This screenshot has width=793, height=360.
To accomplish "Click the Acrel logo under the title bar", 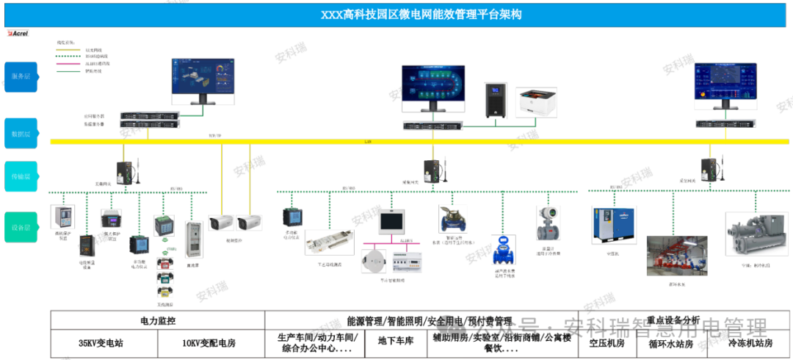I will click(18, 33).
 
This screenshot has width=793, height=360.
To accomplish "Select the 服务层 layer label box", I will click(20, 76).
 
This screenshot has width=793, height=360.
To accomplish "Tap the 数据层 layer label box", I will click(20, 134).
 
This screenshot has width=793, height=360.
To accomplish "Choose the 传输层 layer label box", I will click(20, 176).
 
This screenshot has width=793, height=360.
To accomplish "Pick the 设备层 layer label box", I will click(20, 227).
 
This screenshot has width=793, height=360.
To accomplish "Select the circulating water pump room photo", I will click(676, 256).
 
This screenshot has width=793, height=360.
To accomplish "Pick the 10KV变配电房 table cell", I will click(211, 343).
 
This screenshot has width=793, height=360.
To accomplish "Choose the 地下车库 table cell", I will click(396, 342).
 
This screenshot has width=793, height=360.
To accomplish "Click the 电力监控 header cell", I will click(158, 321).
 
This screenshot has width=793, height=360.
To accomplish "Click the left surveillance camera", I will click(221, 222).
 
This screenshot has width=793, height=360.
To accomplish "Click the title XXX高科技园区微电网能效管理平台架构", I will click(421, 15).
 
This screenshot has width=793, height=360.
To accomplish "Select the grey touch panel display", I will click(391, 221).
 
